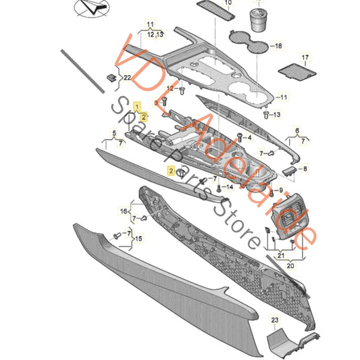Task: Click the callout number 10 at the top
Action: [226, 3]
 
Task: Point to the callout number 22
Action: [126, 78]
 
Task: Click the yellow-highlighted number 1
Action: [137, 107]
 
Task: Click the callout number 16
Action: [124, 211]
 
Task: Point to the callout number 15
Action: [139, 238]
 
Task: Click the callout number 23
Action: [275, 319]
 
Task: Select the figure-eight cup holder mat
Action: [253, 46]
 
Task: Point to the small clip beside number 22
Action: [110, 78]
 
